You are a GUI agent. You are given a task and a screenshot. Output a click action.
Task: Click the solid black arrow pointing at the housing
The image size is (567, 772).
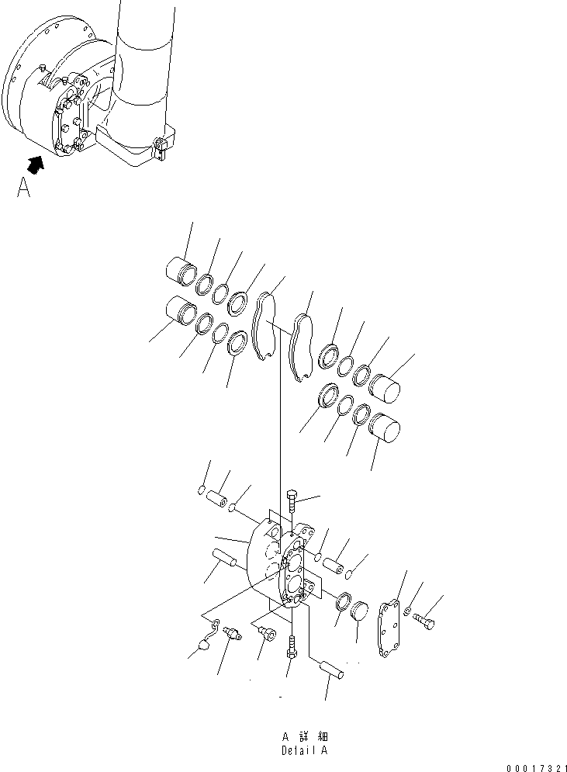click(x=34, y=162)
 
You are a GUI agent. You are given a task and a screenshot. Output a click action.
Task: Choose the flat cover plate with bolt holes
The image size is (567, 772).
click(x=387, y=628)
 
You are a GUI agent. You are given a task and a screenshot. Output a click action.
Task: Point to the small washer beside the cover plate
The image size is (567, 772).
click(x=408, y=612)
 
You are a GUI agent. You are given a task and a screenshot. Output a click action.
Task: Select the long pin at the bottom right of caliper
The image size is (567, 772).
click(x=330, y=668)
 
